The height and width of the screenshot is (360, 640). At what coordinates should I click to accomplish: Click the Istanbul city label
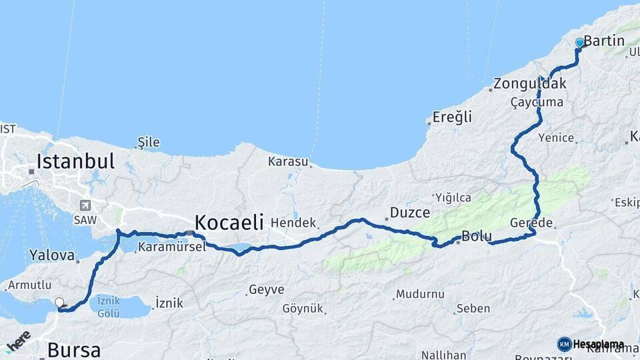point(75,161)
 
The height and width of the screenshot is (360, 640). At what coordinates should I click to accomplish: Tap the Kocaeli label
point(229,222)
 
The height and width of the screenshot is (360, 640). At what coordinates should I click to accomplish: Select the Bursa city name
point(74,349)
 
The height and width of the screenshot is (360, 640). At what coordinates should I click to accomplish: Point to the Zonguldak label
point(530,84)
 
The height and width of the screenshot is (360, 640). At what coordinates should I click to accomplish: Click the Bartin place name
point(604,41)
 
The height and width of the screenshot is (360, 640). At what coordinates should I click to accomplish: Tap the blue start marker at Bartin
point(579,43)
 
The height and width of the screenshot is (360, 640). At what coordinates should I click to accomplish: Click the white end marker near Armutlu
point(59,302)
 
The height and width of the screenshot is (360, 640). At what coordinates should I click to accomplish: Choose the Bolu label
point(477,236)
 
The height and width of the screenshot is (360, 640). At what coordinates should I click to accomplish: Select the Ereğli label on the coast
point(452,117)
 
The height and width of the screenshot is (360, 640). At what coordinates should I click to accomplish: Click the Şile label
point(148,142)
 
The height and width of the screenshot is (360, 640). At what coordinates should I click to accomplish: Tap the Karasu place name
point(288,161)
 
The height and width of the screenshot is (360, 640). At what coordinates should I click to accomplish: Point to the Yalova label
point(51,255)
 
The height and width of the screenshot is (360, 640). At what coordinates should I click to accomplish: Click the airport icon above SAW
point(85,205)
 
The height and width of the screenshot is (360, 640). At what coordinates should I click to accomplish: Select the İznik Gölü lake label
point(108,306)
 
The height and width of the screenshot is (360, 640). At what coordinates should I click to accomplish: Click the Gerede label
point(531,222)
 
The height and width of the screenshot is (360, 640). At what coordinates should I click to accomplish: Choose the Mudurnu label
point(419,293)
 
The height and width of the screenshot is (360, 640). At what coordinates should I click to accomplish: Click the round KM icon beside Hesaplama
point(564,344)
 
